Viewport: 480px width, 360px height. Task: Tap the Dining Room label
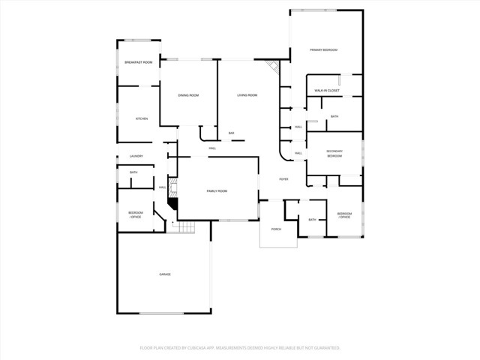[188, 95]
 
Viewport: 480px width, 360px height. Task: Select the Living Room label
[247, 95]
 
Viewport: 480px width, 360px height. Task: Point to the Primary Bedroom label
[324, 49]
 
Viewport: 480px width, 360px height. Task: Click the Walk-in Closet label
[327, 90]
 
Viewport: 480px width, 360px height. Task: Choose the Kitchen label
[141, 118]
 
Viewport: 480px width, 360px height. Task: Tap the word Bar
[232, 133]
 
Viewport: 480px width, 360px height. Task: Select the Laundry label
[136, 156]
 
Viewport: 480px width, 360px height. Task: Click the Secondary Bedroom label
[334, 154]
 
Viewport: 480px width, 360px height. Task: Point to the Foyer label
[283, 179]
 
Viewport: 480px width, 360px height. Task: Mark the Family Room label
[217, 191]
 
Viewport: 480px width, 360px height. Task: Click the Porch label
[277, 229]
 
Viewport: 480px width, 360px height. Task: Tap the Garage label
[164, 274]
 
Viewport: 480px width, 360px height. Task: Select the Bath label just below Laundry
[133, 172]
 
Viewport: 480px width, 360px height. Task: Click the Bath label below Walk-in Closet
[334, 116]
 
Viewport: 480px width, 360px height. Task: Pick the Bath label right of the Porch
[312, 220]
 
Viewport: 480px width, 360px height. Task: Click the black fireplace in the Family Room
[173, 202]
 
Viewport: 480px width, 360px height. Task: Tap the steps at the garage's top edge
[180, 227]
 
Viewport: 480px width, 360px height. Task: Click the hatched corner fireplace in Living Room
[274, 68]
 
